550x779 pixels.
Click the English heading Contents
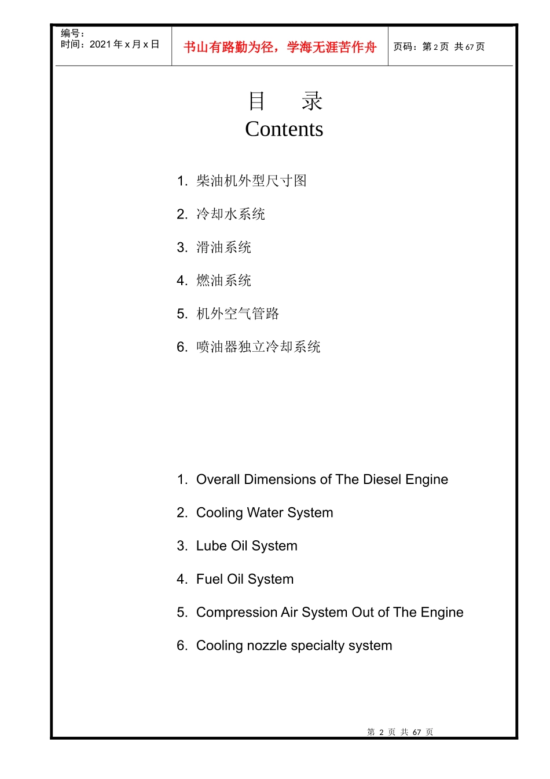tap(284, 129)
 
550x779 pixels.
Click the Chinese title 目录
tap(284, 101)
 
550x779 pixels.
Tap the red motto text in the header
tap(280, 47)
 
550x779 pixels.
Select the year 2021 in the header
tap(100, 45)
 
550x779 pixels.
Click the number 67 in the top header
tap(470, 47)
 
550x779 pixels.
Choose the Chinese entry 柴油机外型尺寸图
tap(251, 181)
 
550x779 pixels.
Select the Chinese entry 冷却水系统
tap(230, 214)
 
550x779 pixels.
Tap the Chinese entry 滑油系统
tap(223, 247)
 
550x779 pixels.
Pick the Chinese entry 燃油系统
tap(223, 281)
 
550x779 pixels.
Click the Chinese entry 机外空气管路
tap(237, 314)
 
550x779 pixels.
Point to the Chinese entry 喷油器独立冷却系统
tap(258, 347)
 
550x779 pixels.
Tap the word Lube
tap(211, 546)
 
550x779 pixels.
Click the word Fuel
tap(210, 579)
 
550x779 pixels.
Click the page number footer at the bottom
tap(400, 732)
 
